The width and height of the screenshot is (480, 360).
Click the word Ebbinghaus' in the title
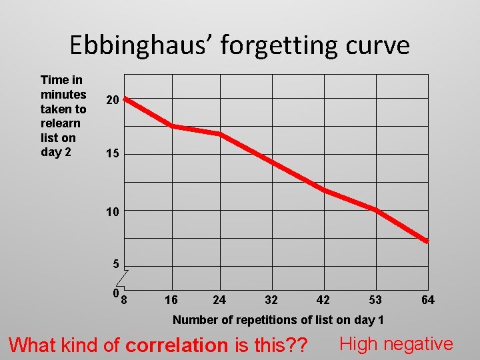141,45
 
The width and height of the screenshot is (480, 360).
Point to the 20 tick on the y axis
112,100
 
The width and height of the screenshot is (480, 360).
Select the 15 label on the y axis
112,155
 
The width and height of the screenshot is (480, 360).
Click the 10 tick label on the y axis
112,212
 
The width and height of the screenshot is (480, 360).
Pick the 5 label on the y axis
116,264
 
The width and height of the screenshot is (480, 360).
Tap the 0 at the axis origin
116,293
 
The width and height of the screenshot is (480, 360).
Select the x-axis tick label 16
171,300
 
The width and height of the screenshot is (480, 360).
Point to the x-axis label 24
219,300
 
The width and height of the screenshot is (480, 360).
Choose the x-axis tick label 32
271,300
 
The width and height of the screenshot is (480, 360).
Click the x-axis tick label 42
323,300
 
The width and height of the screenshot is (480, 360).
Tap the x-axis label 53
375,300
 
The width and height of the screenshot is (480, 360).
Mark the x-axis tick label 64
428,300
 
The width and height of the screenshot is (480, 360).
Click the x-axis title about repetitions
278,320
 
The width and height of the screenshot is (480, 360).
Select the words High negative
396,344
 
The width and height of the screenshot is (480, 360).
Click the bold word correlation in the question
177,345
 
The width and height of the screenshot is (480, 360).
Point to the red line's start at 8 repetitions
125,99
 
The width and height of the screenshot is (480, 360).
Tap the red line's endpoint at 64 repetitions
427,241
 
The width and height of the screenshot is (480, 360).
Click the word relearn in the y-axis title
61,123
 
